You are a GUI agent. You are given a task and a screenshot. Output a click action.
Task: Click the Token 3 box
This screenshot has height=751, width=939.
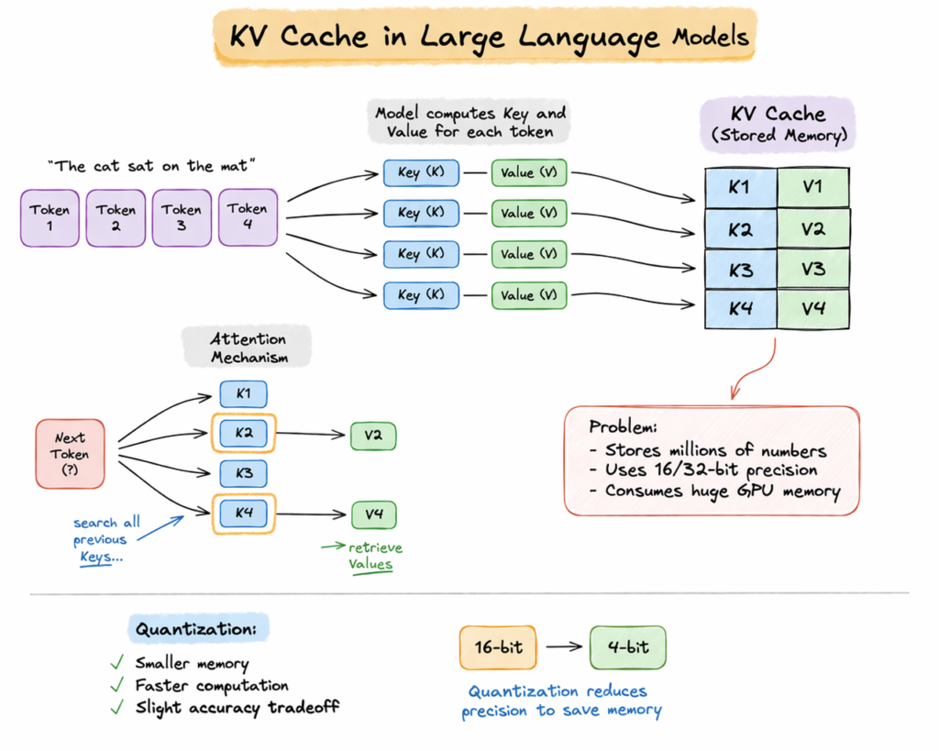182,217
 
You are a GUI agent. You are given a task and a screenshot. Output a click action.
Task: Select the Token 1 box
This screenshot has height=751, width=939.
50,217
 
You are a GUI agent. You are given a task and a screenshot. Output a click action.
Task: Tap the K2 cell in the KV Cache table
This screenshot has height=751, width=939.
740,228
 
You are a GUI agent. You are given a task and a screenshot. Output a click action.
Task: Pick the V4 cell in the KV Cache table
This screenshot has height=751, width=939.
813,309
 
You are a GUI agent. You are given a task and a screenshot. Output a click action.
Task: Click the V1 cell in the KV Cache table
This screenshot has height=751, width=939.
813,187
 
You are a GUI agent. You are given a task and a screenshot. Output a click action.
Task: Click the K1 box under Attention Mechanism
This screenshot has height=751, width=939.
243,394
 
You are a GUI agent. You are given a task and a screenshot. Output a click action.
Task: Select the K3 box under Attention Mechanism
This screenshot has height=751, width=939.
243,473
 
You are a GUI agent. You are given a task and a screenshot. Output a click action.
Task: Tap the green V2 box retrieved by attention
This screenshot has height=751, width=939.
372,436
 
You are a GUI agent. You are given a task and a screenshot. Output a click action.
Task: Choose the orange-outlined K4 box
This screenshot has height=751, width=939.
243,514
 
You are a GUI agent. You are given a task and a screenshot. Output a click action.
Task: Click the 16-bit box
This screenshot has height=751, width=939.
498,647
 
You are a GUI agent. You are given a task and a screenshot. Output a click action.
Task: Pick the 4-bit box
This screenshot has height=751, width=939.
628,647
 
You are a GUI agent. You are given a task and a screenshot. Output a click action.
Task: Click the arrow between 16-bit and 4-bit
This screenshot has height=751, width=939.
563,647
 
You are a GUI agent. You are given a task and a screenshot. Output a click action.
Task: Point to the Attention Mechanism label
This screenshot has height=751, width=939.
248,348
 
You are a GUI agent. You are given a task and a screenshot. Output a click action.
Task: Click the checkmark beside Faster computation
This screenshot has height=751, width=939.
116,686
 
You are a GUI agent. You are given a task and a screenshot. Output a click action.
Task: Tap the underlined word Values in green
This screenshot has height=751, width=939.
370,565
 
